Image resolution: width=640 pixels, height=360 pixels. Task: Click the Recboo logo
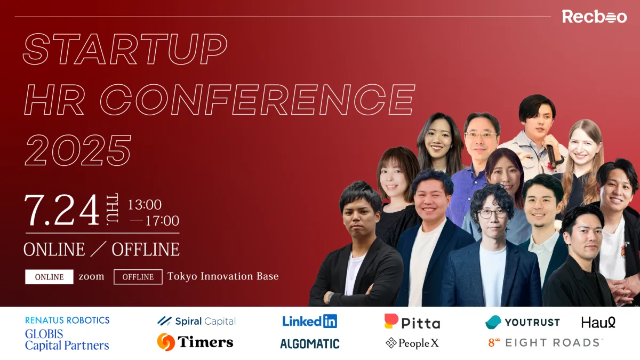pos(594,17)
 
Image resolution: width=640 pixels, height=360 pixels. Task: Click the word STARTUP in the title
pos(125,49)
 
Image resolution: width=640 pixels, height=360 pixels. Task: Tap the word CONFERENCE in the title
pos(258,100)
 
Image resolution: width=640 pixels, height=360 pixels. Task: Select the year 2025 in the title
pos(78,150)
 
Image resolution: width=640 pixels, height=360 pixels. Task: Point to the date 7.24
pos(62,210)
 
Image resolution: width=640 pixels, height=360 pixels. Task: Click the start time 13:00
pos(145,205)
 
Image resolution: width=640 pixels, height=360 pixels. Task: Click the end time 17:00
pos(162,221)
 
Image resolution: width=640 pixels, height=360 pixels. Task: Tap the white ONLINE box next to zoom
pos(49,277)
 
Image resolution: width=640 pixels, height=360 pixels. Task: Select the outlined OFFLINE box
pos(138,277)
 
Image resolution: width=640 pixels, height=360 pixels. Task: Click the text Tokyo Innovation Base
pos(223,276)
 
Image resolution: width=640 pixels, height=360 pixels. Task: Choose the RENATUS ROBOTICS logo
pos(67,321)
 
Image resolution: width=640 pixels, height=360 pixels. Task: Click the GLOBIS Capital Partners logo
pos(67,340)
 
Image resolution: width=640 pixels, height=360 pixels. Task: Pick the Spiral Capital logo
pos(197,321)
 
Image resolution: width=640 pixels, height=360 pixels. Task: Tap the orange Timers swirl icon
pos(166,342)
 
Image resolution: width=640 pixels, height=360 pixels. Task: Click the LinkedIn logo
pos(310,321)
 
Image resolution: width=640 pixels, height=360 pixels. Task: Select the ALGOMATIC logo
pos(310,343)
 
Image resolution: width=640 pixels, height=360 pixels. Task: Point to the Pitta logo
pos(412,322)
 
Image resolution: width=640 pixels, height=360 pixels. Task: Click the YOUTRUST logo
pos(522,322)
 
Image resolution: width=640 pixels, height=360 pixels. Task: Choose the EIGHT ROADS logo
pos(546,342)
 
